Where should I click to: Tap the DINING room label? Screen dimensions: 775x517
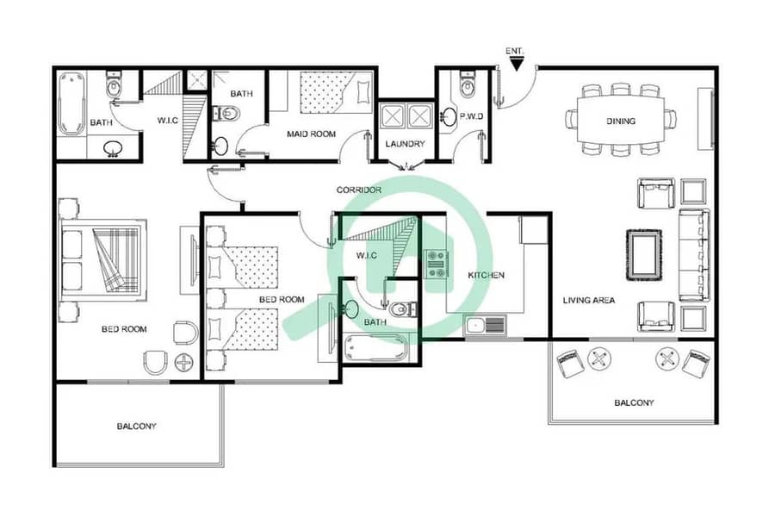(x=621, y=121)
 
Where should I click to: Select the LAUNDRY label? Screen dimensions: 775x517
(x=406, y=144)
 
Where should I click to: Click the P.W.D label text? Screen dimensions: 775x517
(x=471, y=117)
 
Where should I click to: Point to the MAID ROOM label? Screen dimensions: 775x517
(x=312, y=134)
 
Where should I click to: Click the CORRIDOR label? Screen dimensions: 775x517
(x=359, y=190)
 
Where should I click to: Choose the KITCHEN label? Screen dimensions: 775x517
(x=487, y=275)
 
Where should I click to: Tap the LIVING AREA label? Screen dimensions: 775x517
(x=589, y=301)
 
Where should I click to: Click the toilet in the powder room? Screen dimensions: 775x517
(x=466, y=85)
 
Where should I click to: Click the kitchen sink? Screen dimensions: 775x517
(x=485, y=326)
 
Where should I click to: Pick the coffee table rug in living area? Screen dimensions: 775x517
(x=644, y=255)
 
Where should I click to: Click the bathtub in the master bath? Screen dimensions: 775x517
(x=71, y=103)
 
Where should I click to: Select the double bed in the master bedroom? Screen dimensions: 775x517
(x=103, y=260)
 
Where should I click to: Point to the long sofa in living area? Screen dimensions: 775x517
(x=694, y=255)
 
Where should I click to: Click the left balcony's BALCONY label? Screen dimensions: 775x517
(x=136, y=427)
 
